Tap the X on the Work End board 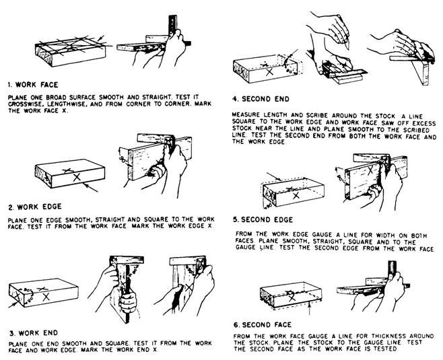point(45,297)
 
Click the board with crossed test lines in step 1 point(67,55)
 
